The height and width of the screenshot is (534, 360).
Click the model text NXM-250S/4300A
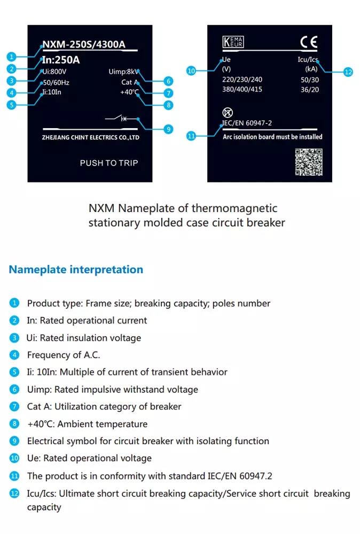click(83, 45)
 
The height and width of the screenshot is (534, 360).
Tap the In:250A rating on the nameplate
click(61, 60)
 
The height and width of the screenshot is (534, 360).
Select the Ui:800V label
click(54, 72)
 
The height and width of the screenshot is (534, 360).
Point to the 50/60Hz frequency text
click(56, 82)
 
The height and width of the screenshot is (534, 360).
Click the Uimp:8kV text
click(123, 72)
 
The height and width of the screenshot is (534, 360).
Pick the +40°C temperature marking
click(130, 92)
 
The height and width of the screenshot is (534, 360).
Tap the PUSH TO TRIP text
click(108, 163)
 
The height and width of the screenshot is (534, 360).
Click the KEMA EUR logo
click(233, 42)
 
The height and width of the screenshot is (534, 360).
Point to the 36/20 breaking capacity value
click(310, 90)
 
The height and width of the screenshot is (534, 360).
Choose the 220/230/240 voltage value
click(242, 80)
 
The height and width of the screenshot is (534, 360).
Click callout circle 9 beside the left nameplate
click(168, 129)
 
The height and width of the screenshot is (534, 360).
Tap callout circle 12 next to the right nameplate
click(348, 72)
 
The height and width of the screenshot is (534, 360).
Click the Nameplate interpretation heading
click(76, 270)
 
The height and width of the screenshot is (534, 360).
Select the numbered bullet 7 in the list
click(14, 406)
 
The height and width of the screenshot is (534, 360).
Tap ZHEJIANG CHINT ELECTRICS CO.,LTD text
click(90, 137)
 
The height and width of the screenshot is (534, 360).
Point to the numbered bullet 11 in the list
click(14, 475)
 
